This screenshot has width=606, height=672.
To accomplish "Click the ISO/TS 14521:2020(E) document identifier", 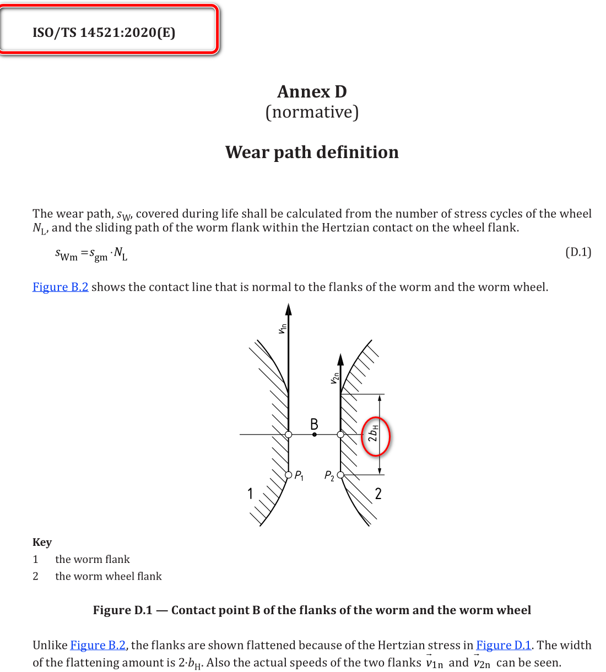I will [x=104, y=32].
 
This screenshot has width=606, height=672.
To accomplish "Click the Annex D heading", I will [x=312, y=91].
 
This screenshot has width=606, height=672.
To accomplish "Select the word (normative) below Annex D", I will [x=312, y=112].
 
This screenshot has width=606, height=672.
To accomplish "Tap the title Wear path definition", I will [x=312, y=152].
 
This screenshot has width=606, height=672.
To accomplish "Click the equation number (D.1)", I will [x=578, y=252].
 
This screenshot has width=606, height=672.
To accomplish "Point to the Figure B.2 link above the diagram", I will [x=61, y=287].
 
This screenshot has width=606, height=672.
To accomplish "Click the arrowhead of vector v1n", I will [x=289, y=309].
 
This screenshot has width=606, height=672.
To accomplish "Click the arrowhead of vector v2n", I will [x=340, y=360].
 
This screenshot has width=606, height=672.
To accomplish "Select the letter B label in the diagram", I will [x=314, y=424].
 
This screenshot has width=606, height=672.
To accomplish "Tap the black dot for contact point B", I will [x=315, y=435].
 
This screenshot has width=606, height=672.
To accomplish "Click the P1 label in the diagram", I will [x=299, y=475].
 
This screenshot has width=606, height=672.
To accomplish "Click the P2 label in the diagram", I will [x=329, y=475].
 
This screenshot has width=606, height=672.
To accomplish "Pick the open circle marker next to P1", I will [x=289, y=475].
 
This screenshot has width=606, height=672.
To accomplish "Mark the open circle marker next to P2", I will [x=340, y=475].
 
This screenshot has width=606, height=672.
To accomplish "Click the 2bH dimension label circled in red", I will [x=374, y=435].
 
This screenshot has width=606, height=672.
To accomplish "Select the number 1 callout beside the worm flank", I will [x=250, y=493].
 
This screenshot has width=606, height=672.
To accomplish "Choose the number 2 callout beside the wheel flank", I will [x=378, y=494].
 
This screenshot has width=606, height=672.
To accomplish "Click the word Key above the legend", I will [x=42, y=542].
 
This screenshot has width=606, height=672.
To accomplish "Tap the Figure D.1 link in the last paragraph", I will [x=504, y=645].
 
